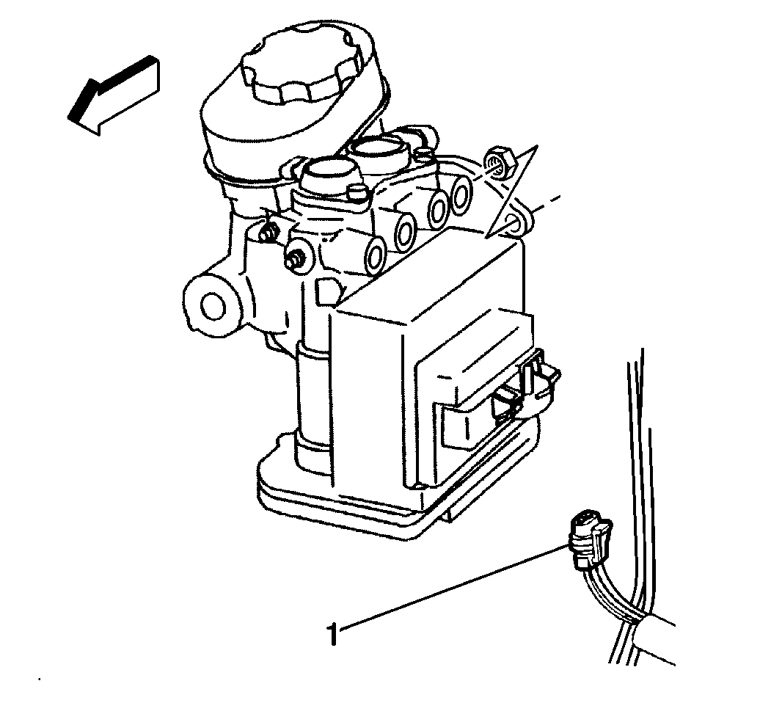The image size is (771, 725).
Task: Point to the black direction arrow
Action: (x=114, y=95)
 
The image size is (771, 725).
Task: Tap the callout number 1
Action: (x=334, y=634)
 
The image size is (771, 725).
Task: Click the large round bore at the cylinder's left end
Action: (x=213, y=307)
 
